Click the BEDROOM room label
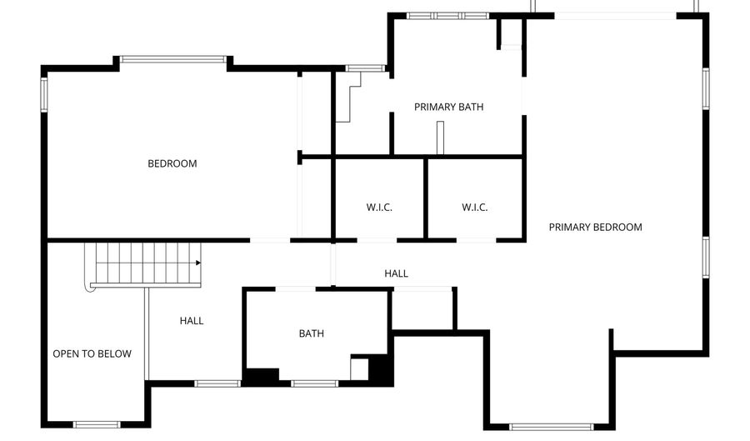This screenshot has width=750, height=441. coord(172,163)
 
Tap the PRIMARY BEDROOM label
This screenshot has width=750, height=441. coord(596,228)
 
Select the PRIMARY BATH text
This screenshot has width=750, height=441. coord(448,107)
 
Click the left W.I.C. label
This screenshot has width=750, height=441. coord(379,208)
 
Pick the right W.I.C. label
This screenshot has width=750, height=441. coord(474,208)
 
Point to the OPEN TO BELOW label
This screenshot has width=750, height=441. coord(92,354)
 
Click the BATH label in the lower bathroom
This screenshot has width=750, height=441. coord(312,333)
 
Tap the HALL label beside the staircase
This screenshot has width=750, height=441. coord(192,321)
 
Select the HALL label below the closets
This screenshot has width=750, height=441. coord(396,273)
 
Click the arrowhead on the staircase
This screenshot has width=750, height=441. coord(198,263)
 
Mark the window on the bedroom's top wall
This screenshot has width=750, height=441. coord(172,59)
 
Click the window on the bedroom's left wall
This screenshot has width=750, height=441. coord(44,95)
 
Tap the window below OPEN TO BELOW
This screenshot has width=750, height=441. coord(97,424)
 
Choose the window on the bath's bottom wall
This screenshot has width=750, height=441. coord(314,383)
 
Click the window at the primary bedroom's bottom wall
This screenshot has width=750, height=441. coord(552,427)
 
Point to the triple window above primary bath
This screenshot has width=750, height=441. coord(447,16)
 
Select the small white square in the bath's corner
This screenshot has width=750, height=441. coord(360,368)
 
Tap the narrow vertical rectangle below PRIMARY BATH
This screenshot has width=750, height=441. coord(440,138)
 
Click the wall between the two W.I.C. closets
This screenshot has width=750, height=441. coord(425,198)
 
